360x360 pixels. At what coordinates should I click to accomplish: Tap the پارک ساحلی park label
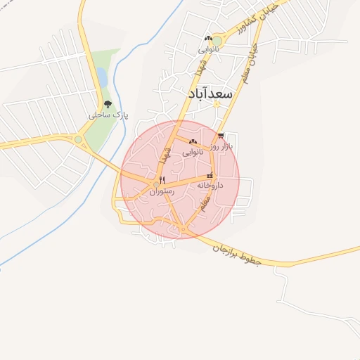point(108,115)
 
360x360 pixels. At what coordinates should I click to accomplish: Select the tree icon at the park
point(107,104)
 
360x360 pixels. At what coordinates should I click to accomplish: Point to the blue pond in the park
point(102,76)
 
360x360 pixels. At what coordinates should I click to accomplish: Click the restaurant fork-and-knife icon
point(162,180)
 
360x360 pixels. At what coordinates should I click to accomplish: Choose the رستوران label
point(161,191)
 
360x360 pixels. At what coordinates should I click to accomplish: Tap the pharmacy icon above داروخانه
point(210,175)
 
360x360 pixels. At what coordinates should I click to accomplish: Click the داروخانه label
point(210,185)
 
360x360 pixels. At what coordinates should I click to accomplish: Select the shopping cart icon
point(221,136)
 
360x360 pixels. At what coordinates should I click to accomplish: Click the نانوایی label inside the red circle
point(193,152)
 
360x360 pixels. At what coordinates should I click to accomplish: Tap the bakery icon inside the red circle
point(193,142)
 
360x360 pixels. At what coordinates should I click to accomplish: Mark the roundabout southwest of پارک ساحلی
point(78,140)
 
